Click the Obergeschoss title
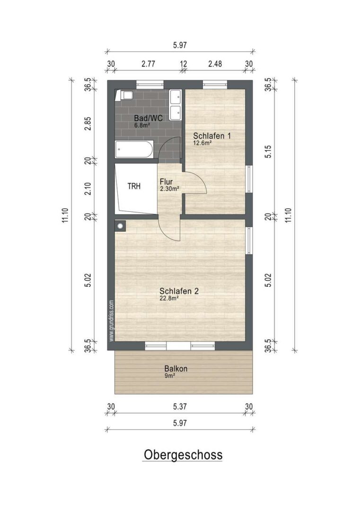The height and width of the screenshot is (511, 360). point(183,455)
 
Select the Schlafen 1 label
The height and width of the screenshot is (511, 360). point(212,136)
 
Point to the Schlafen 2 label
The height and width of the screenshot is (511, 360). point(179,291)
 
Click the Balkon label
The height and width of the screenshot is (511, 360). point(176,369)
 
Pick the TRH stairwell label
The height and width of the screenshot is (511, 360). point(134,186)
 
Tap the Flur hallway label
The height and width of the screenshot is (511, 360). point(166,182)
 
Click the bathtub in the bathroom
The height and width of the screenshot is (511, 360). point(134,150)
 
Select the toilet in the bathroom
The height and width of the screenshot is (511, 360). point(125,95)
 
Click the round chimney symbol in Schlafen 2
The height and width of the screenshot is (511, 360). point(121,226)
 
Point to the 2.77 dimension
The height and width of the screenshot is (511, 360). point(148,63)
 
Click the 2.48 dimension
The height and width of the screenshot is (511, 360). point(215,63)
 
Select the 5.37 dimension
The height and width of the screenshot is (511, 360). point(180,406)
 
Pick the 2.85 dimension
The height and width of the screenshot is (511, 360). point(88,123)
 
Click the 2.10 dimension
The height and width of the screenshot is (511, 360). point(88,189)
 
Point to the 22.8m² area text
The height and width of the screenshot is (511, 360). point(169,298)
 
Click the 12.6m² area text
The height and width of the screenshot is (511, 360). point(202,142)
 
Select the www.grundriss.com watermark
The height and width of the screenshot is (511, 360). point(112,321)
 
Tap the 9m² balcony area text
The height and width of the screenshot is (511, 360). point(170,375)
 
